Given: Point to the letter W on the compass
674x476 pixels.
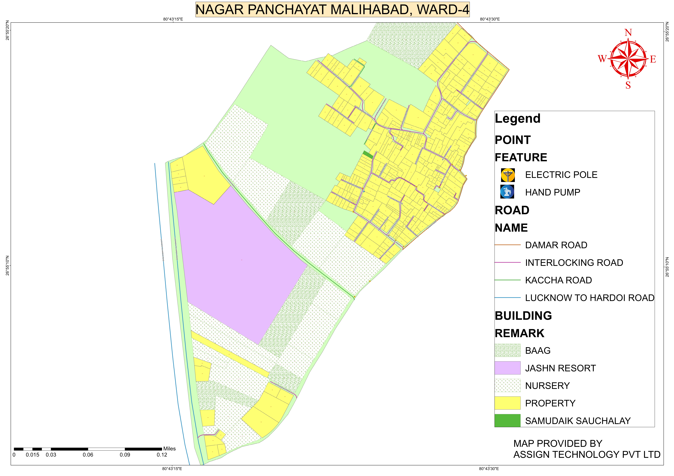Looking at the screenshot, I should (x=602, y=59).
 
